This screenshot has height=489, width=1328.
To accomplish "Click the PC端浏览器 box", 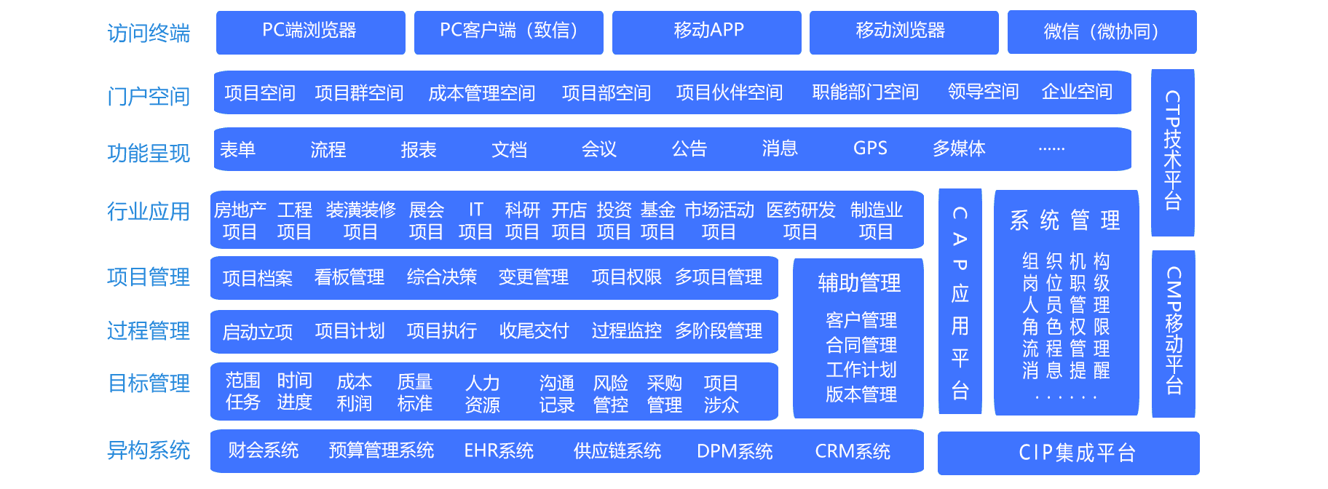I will click(310, 32).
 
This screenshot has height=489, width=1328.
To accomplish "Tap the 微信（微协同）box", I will click(1102, 32).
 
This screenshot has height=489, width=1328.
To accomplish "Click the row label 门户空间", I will click(149, 96).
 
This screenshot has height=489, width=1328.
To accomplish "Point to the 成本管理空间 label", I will click(481, 93).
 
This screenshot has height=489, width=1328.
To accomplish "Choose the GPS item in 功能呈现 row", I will click(870, 148).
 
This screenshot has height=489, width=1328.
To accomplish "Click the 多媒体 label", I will click(959, 148).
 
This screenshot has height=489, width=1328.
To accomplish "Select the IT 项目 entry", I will click(475, 220).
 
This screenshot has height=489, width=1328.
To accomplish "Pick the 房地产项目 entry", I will click(240, 220).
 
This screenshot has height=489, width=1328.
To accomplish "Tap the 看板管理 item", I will click(349, 277).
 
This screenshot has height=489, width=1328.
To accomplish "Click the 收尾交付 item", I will click(534, 331).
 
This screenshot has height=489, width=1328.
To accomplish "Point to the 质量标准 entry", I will click(415, 392).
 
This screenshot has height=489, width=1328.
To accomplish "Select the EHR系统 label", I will click(499, 451).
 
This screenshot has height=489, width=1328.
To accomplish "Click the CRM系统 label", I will click(853, 451).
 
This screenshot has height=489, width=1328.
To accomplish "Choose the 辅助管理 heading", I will click(859, 283).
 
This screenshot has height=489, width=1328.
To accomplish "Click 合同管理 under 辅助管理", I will click(861, 345).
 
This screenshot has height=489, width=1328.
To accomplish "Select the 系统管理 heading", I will click(1064, 220).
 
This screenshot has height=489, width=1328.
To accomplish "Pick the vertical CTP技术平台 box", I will click(1172, 152).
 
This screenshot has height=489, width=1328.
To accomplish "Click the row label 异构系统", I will click(149, 450).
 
